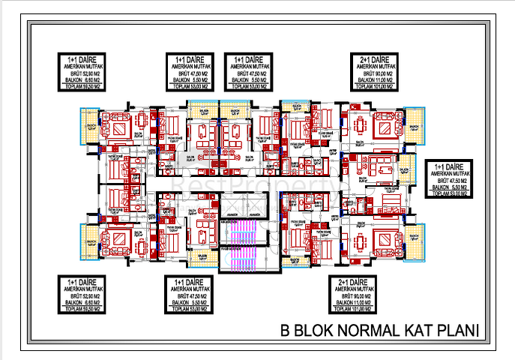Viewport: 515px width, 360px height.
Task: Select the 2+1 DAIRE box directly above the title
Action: pyautogui.click(x=362, y=294)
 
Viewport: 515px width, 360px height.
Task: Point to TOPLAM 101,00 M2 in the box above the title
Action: pyautogui.click(x=362, y=309)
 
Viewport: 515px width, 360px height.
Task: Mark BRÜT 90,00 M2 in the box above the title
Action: pyautogui.click(x=362, y=295)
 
